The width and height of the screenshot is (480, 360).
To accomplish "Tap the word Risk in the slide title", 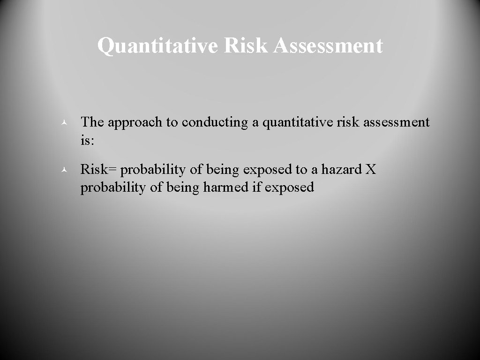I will (247, 45).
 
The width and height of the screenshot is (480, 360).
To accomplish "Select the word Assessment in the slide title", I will (328, 45).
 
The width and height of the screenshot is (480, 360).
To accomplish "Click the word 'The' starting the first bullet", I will (92, 122).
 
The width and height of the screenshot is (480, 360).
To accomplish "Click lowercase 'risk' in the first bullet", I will (349, 122).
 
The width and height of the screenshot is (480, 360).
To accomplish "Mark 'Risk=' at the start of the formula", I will (98, 169).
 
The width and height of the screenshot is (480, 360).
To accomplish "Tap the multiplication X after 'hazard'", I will (370, 169).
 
